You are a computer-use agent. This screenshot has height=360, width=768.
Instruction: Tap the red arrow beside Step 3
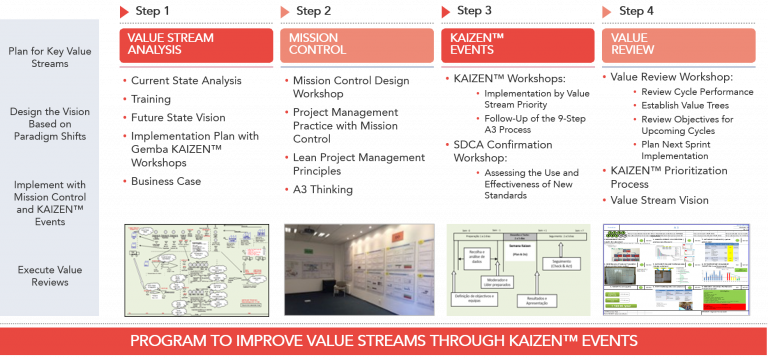click(445, 12)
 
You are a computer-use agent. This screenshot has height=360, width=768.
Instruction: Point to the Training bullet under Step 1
click(151, 99)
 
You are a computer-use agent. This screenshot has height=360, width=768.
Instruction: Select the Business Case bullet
click(165, 181)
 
